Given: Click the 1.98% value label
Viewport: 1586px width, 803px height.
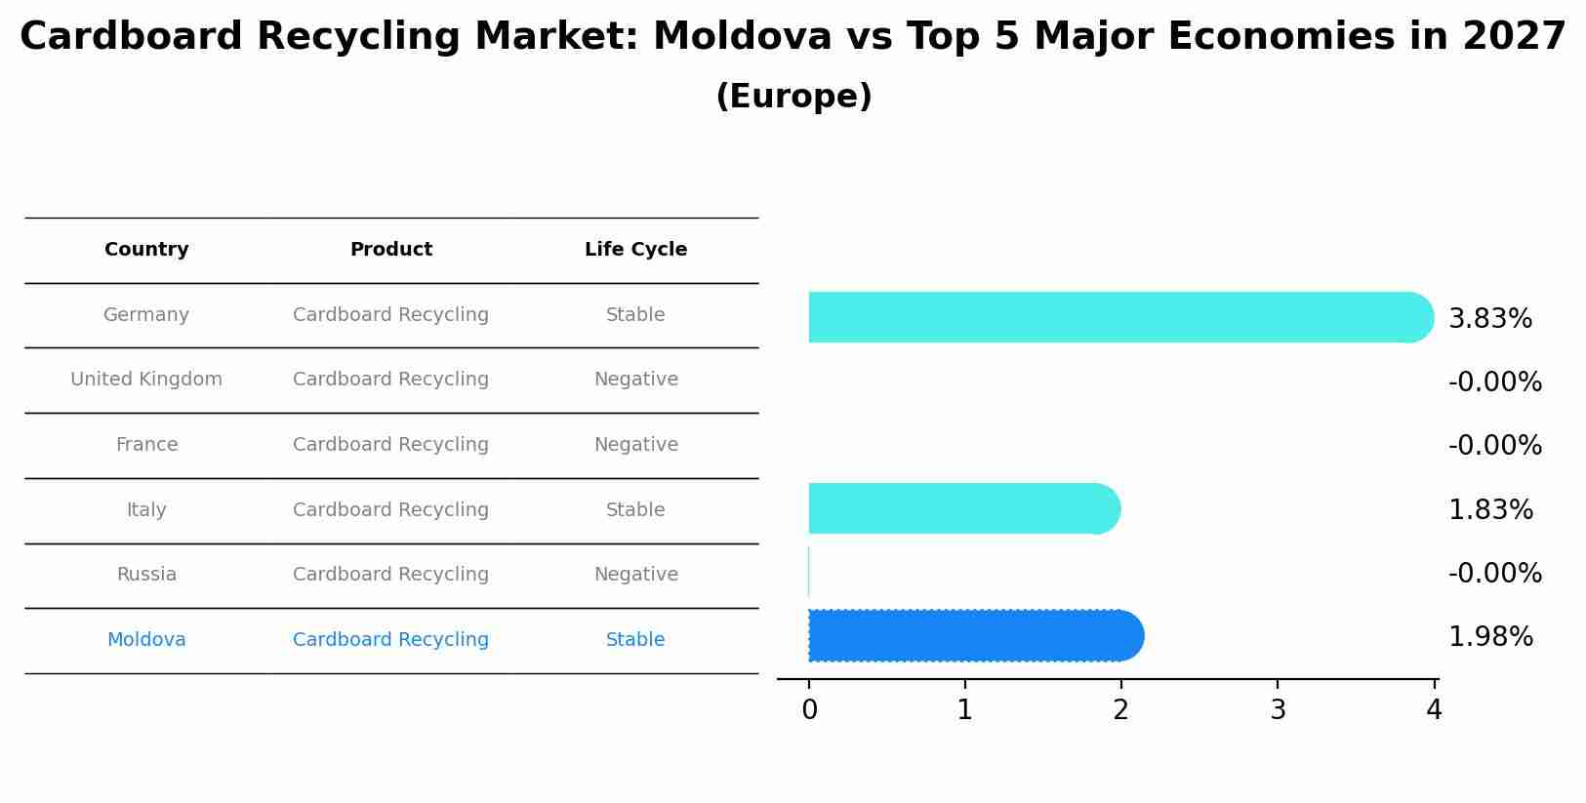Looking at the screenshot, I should pos(1490,637).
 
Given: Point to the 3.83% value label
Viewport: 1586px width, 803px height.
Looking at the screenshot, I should pos(1490,319).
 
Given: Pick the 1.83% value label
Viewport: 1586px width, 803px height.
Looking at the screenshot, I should pos(1490,510).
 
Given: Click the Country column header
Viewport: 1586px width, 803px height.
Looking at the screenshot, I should pos(146,250).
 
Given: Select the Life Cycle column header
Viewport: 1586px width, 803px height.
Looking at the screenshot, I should pos(635,250).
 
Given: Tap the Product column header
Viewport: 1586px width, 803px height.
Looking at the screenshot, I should pos(390,250).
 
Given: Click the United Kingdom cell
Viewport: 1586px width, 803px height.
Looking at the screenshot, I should pos(146,380).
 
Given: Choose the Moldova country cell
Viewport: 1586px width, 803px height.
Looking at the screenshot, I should pos(146,640).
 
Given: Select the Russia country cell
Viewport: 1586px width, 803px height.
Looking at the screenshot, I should pos(146,575).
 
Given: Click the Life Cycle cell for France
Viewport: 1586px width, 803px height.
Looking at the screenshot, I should pos(635,445).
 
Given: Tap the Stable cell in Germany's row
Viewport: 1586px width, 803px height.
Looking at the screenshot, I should pos(635,315).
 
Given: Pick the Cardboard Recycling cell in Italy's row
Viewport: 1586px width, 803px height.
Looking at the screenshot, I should pos(390,510).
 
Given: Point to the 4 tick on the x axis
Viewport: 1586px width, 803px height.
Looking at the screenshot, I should pos(1433,710).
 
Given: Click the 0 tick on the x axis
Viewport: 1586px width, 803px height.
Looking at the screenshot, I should pos(809,710).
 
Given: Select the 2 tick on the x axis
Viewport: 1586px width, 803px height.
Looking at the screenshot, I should pos(1120,710).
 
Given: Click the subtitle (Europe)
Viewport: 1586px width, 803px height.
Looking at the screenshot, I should pos(793,97).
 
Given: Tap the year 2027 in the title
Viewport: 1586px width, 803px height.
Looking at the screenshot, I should pos(1514,37).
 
